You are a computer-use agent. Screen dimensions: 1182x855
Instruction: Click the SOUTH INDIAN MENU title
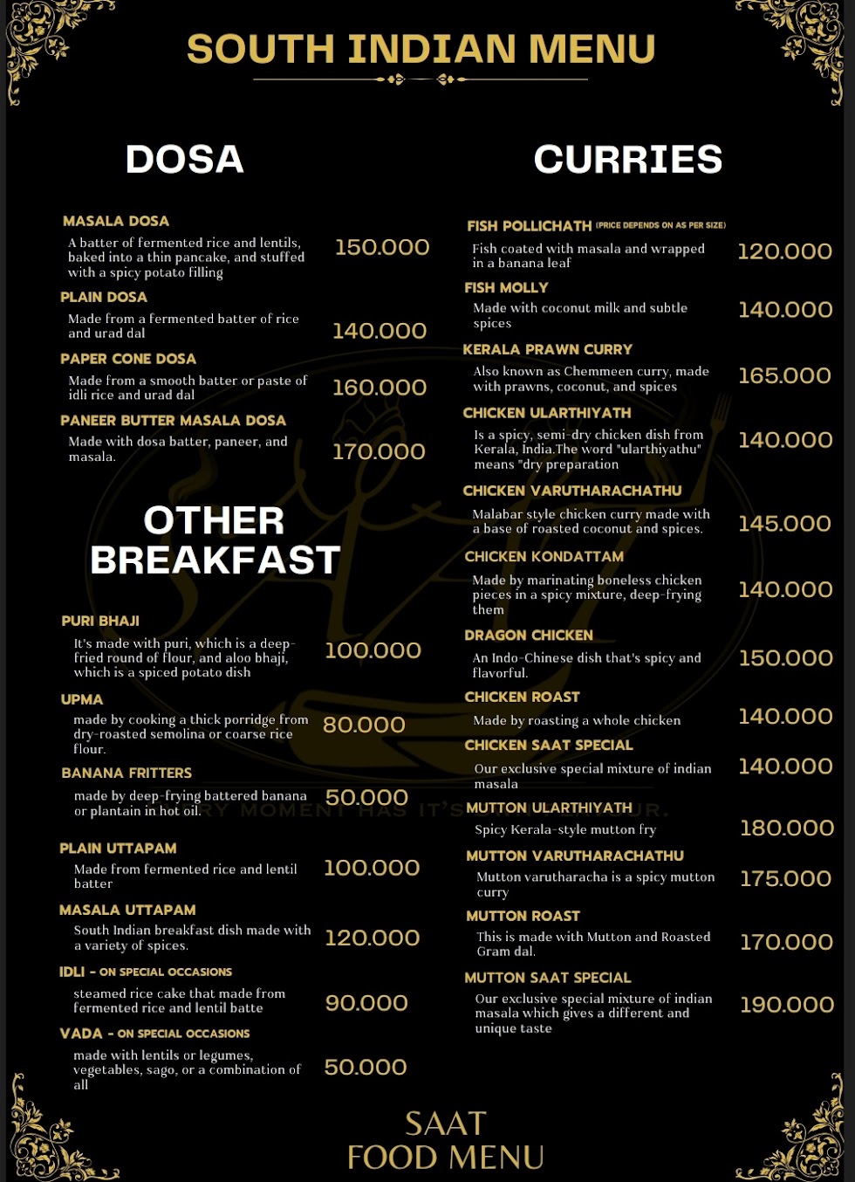pyautogui.click(x=421, y=49)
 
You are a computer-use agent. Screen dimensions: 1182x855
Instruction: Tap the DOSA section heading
pyautogui.click(x=184, y=160)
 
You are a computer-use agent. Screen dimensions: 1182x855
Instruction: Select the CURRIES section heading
pyautogui.click(x=627, y=160)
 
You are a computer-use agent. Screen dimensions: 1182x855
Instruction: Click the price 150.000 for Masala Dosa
pyautogui.click(x=382, y=248)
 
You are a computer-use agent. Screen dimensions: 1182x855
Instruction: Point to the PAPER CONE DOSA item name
pyautogui.click(x=128, y=359)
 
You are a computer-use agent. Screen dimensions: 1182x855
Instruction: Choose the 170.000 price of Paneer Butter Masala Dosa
pyautogui.click(x=379, y=452)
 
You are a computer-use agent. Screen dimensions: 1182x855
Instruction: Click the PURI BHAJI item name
pyautogui.click(x=100, y=621)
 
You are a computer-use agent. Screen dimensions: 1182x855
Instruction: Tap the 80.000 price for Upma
pyautogui.click(x=364, y=725)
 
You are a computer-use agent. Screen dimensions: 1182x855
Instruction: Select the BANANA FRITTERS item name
pyautogui.click(x=127, y=773)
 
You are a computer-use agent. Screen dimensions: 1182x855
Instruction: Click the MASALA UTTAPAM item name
pyautogui.click(x=127, y=910)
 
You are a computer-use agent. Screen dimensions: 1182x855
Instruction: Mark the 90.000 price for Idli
pyautogui.click(x=366, y=1003)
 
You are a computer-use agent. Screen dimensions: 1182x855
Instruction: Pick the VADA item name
pyautogui.click(x=81, y=1034)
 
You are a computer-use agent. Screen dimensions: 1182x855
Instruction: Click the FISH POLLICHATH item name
pyautogui.click(x=529, y=226)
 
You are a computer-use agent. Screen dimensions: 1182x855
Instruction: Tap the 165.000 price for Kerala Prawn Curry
pyautogui.click(x=784, y=376)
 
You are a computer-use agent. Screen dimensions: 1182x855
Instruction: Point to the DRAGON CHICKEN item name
pyautogui.click(x=528, y=636)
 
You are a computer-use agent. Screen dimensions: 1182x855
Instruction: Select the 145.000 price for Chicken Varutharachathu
pyautogui.click(x=784, y=524)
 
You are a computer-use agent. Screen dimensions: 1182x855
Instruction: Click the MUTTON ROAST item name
pyautogui.click(x=523, y=916)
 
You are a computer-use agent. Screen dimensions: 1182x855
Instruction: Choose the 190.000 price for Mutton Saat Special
pyautogui.click(x=787, y=1005)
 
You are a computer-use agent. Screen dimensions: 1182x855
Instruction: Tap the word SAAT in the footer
pyautogui.click(x=445, y=1124)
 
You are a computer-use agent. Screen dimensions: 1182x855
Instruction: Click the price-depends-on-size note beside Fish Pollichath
pyautogui.click(x=660, y=225)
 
